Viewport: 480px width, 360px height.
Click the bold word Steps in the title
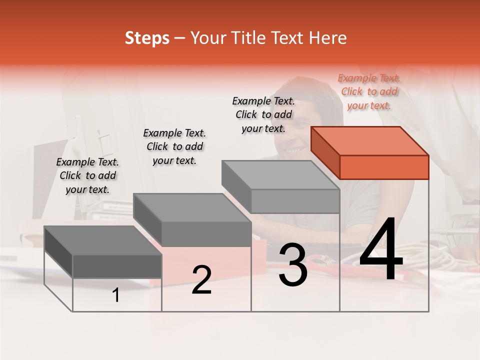pyautogui.click(x=147, y=38)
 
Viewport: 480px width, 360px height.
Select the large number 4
pyautogui.click(x=381, y=250)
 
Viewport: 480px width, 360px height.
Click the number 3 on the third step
pyautogui.click(x=293, y=265)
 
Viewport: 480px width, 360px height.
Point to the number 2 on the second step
pyautogui.click(x=201, y=280)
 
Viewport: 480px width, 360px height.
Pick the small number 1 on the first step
pyautogui.click(x=116, y=295)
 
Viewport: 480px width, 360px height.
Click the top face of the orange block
pyautogui.click(x=369, y=141)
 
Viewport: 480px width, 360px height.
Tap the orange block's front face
pyautogui.click(x=384, y=167)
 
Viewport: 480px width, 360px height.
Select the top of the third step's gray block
pyautogui.click(x=280, y=175)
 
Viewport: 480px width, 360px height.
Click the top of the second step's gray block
pyautogui.click(x=191, y=208)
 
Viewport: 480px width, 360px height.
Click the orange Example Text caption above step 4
pyautogui.click(x=369, y=91)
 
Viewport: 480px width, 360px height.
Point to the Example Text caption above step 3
pyautogui.click(x=263, y=114)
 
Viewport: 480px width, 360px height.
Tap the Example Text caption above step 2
pyautogui.click(x=174, y=146)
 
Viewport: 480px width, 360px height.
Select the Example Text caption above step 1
pyautogui.click(x=87, y=175)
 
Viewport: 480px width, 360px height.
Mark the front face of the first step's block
pyautogui.click(x=117, y=266)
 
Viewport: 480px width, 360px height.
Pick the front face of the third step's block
pyautogui.click(x=295, y=201)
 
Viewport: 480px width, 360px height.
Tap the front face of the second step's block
pyautogui.click(x=206, y=234)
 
